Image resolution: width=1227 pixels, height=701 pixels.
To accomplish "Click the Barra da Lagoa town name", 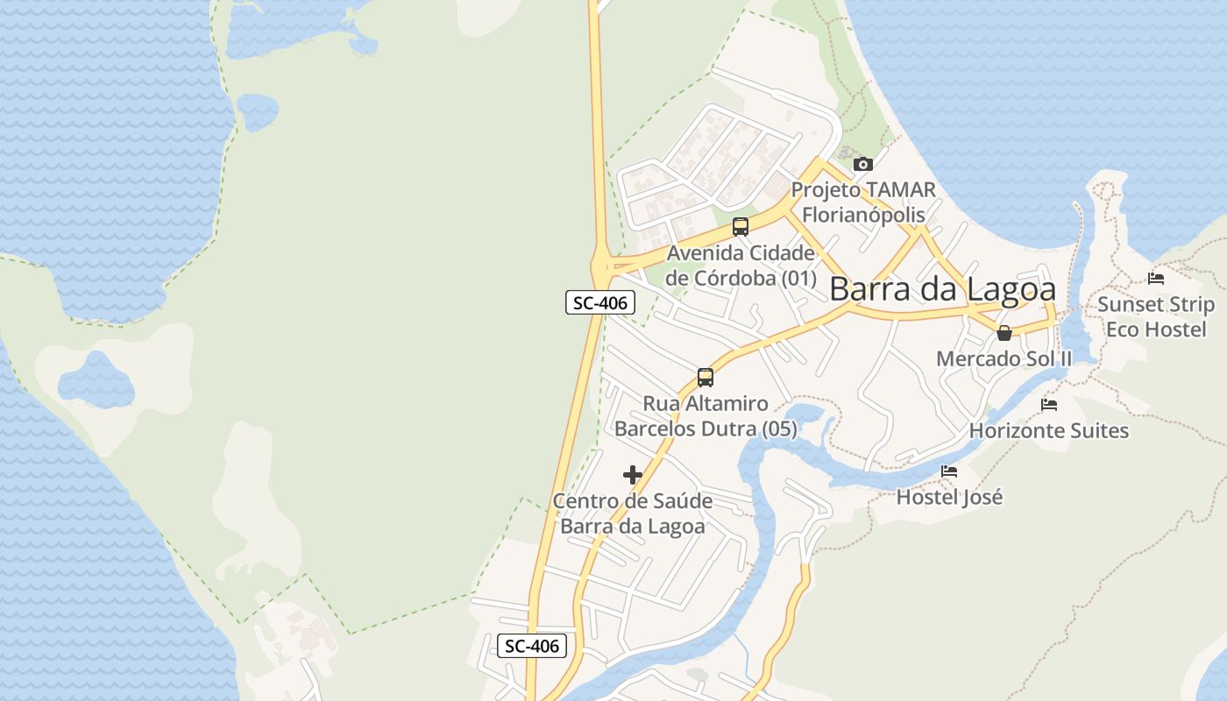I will click(x=942, y=289).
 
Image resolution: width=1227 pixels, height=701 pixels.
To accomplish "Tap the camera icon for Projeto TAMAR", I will click(x=863, y=164).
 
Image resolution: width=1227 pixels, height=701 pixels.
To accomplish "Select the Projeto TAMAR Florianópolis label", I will click(x=863, y=202).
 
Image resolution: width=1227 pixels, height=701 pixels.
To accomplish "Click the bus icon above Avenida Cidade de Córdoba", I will click(x=741, y=227).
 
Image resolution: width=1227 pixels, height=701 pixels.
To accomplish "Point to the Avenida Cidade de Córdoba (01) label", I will click(x=741, y=266).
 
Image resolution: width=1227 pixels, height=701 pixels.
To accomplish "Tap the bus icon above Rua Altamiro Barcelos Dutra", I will click(x=706, y=378).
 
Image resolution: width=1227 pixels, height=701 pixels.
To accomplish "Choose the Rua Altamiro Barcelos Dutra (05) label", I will click(x=706, y=416).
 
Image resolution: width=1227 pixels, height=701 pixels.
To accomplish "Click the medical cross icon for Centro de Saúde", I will click(x=633, y=475).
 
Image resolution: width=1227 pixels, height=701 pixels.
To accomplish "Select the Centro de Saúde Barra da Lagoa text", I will click(x=633, y=513).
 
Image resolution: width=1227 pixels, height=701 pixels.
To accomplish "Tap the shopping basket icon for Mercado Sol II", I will click(x=1004, y=333).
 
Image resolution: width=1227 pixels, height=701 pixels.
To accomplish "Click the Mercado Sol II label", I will click(x=1004, y=358).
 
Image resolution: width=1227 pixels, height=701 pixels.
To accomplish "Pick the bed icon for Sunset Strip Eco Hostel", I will click(x=1156, y=279).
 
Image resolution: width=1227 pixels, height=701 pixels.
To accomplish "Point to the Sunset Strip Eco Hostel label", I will click(x=1156, y=316).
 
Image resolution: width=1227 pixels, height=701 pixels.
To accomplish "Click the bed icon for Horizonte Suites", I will click(x=1049, y=405).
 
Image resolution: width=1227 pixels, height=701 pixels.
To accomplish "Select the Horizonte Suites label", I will click(x=1049, y=430).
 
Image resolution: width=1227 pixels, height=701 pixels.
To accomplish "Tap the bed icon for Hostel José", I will click(x=949, y=471).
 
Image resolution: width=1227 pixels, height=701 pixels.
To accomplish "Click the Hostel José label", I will click(x=949, y=497).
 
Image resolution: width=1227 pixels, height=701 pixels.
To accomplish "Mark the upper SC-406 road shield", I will click(x=599, y=303).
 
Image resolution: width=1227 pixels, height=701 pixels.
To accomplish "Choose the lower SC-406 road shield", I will click(x=532, y=647).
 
